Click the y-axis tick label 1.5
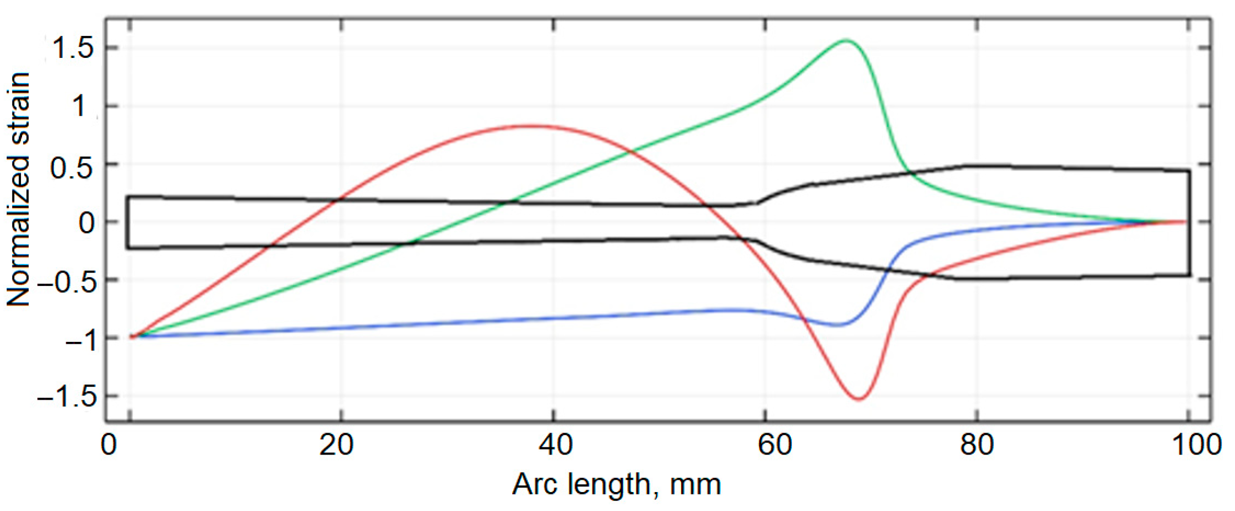click(73, 48)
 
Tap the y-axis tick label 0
click(87, 223)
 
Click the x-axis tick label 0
click(108, 445)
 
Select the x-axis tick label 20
click(336, 445)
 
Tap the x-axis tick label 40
click(556, 445)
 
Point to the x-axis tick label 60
click(775, 445)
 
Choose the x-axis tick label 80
click(977, 445)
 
